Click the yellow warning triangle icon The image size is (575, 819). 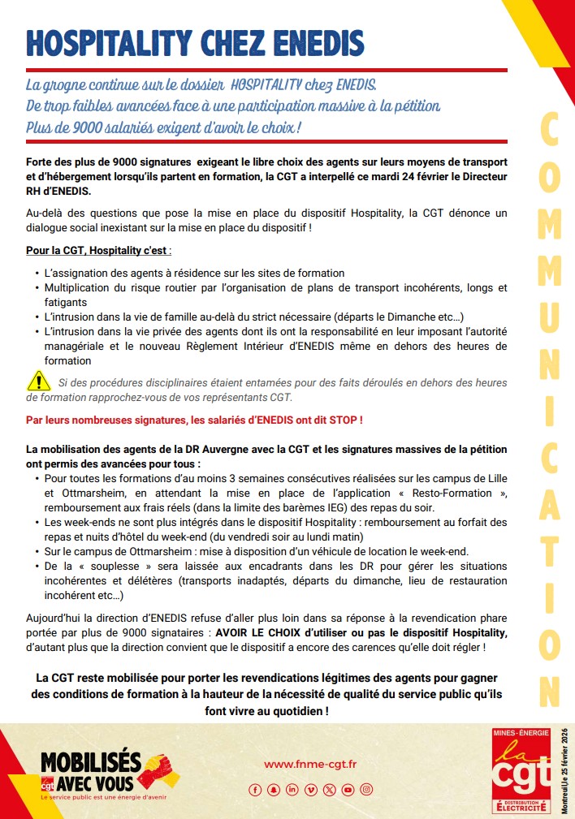point(38,380)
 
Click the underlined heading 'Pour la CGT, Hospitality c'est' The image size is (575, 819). point(98,251)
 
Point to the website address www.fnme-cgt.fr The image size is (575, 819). point(311,764)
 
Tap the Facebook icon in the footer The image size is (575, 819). point(255,789)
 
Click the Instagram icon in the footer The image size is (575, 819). point(366,789)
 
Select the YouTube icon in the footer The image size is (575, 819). point(348,789)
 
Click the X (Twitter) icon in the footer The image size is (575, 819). point(329,789)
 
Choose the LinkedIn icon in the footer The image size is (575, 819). point(292,789)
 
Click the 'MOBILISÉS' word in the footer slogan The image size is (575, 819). point(90,762)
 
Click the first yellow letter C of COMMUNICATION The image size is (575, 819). point(549,130)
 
